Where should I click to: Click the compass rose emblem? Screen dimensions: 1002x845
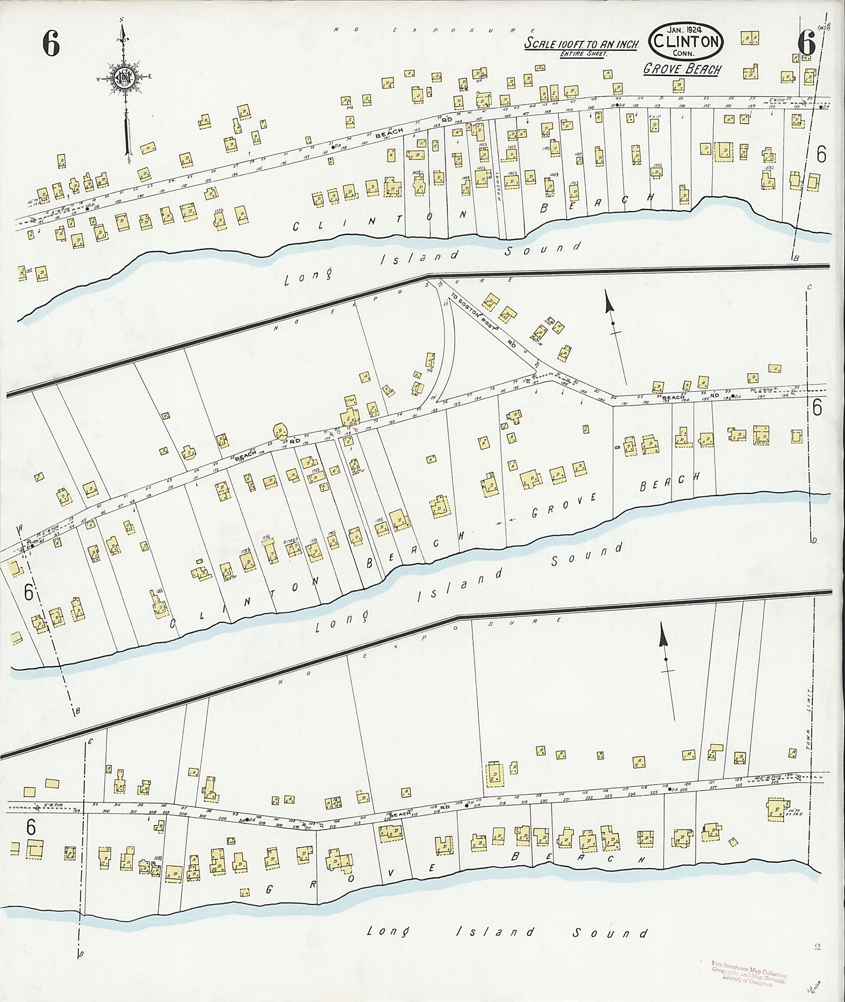pos(122,78)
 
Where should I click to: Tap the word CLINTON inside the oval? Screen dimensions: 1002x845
pos(686,41)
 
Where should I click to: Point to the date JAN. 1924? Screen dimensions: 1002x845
pos(685,29)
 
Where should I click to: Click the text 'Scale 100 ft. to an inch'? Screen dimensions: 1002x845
pos(580,43)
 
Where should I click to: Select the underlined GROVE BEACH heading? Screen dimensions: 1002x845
pos(682,69)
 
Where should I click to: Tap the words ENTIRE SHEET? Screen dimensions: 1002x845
pos(580,54)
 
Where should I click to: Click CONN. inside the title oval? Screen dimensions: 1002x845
pos(686,52)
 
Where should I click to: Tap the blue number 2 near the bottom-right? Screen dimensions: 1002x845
pos(817,947)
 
